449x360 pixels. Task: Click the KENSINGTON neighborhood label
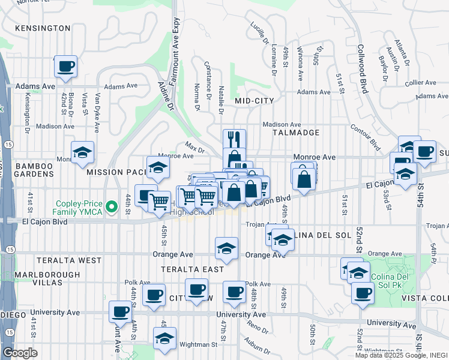[x=43, y=28]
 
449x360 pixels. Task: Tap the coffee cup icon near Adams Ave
[x=65, y=66]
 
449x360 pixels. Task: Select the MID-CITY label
[x=255, y=101]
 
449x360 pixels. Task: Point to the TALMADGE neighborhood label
[x=295, y=132]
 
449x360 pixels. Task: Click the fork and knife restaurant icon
[x=234, y=139]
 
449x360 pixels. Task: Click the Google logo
[x=20, y=353]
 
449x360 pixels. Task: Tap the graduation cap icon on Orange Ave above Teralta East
[x=226, y=248]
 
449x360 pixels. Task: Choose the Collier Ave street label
[x=420, y=82]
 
